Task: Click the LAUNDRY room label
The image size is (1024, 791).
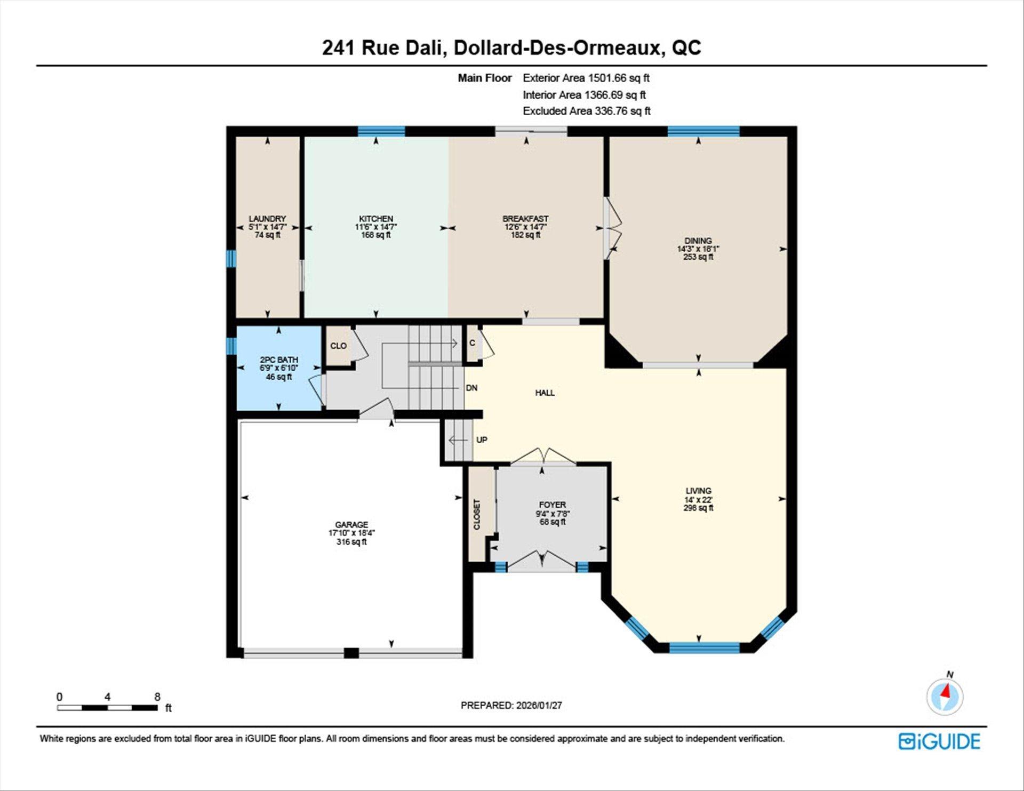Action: click(267, 219)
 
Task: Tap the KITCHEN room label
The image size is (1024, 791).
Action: click(376, 219)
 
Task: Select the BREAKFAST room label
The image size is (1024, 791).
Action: click(525, 219)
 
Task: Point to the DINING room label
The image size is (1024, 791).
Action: click(698, 241)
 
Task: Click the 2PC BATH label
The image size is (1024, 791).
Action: click(279, 360)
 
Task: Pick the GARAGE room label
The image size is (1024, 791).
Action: click(351, 525)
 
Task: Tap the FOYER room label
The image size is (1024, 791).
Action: click(553, 505)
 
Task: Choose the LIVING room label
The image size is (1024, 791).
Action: click(699, 491)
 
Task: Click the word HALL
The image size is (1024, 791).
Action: click(545, 393)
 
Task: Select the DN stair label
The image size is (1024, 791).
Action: click(471, 388)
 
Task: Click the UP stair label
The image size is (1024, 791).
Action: click(482, 440)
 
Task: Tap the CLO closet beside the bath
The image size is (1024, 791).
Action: click(339, 346)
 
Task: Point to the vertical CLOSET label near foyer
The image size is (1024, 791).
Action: click(477, 515)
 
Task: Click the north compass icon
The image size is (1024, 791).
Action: click(945, 696)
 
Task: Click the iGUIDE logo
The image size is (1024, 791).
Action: click(939, 741)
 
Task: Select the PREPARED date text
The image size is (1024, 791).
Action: click(511, 705)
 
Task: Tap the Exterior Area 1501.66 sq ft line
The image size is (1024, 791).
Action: click(586, 78)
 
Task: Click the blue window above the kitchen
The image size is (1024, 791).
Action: click(381, 131)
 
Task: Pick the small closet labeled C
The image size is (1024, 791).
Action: click(472, 343)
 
